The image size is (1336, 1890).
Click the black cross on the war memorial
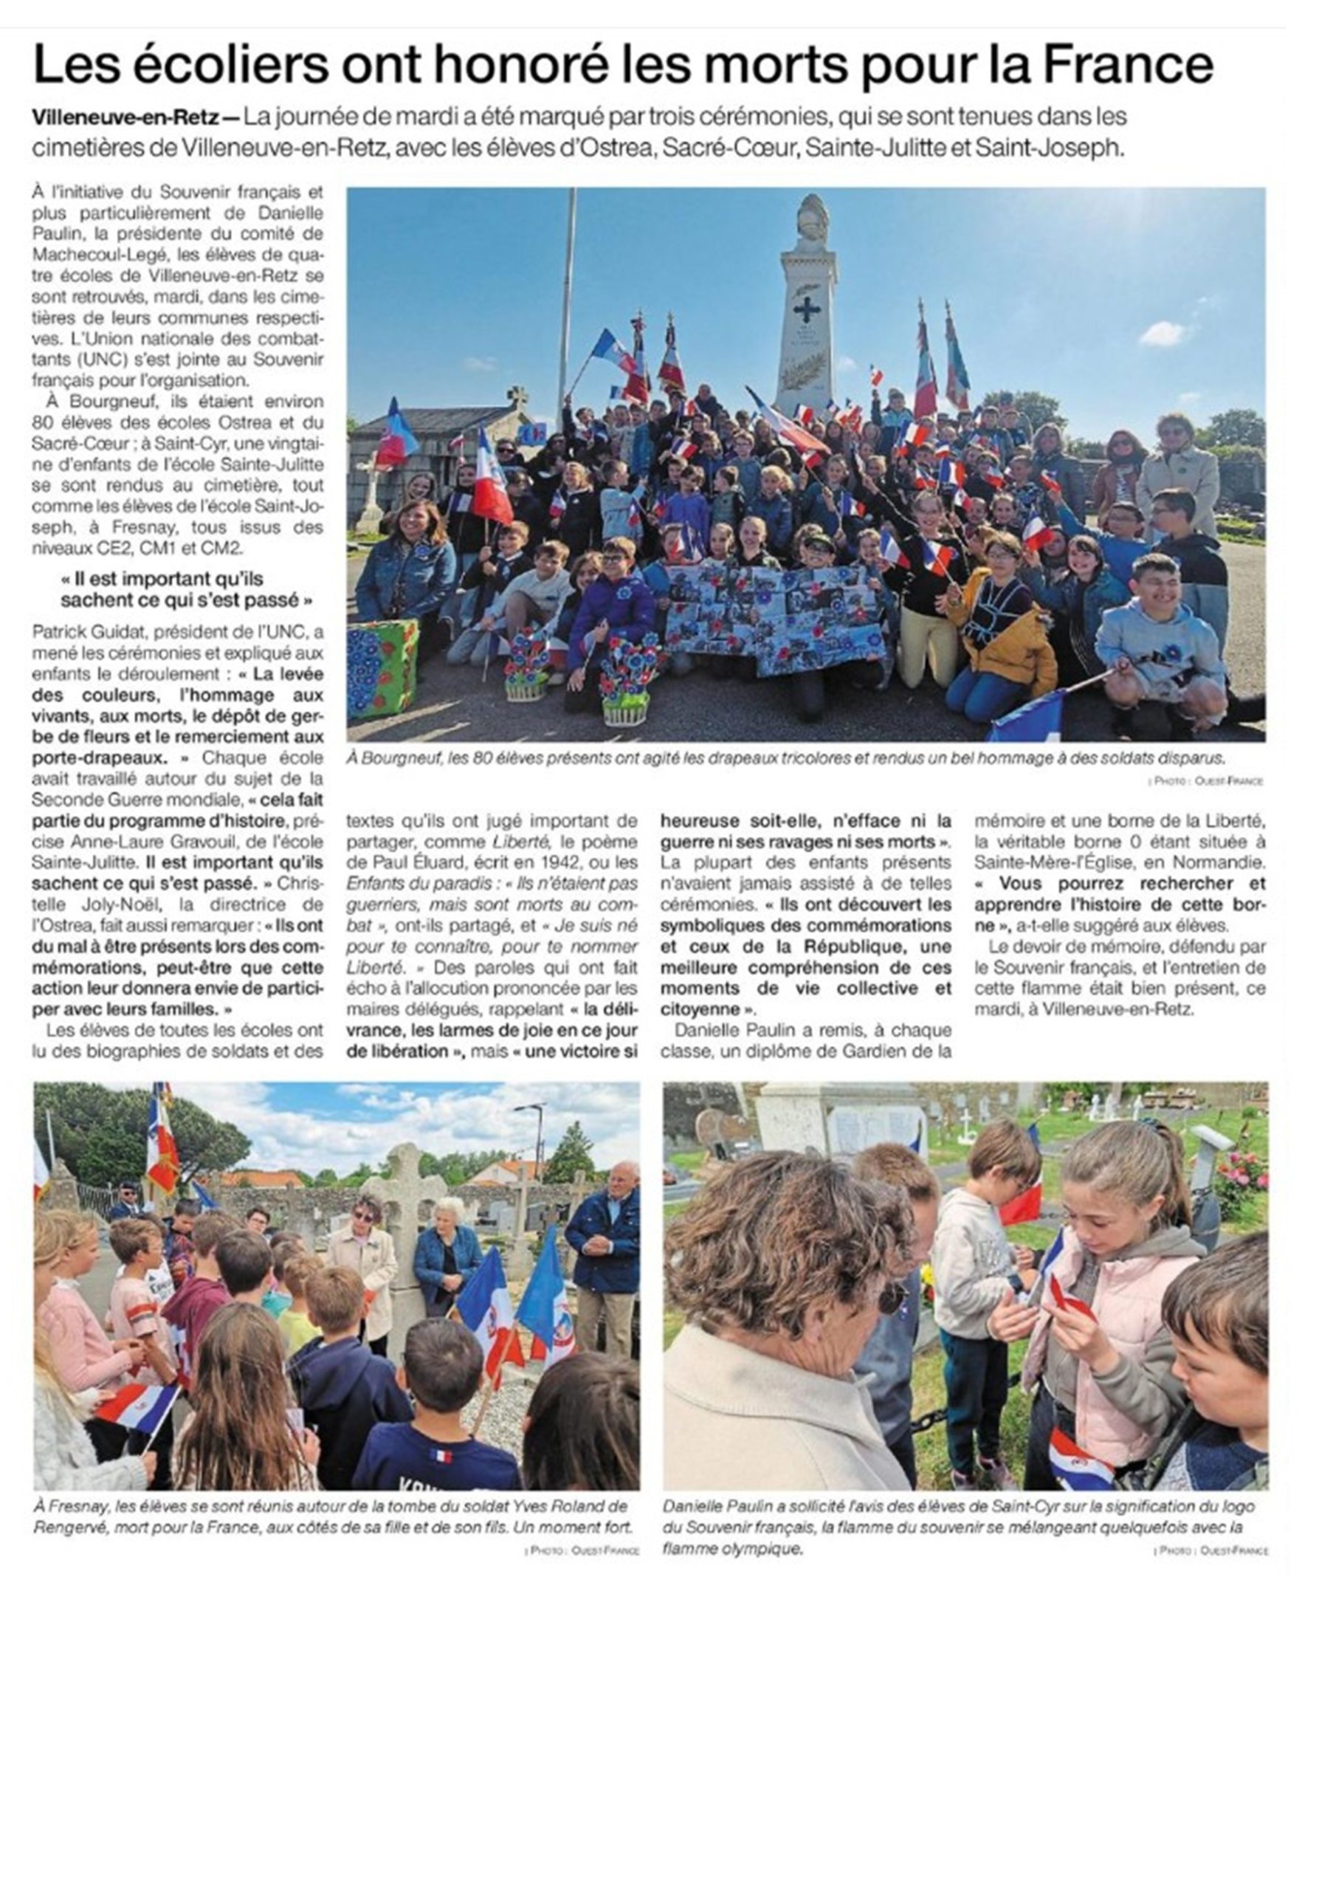(x=807, y=309)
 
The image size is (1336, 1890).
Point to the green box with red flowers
(x=382, y=667)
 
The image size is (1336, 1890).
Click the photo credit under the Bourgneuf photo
(x=1206, y=780)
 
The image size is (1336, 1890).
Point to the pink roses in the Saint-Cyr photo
(x=1242, y=1179)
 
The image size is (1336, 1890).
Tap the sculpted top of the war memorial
(x=812, y=217)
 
